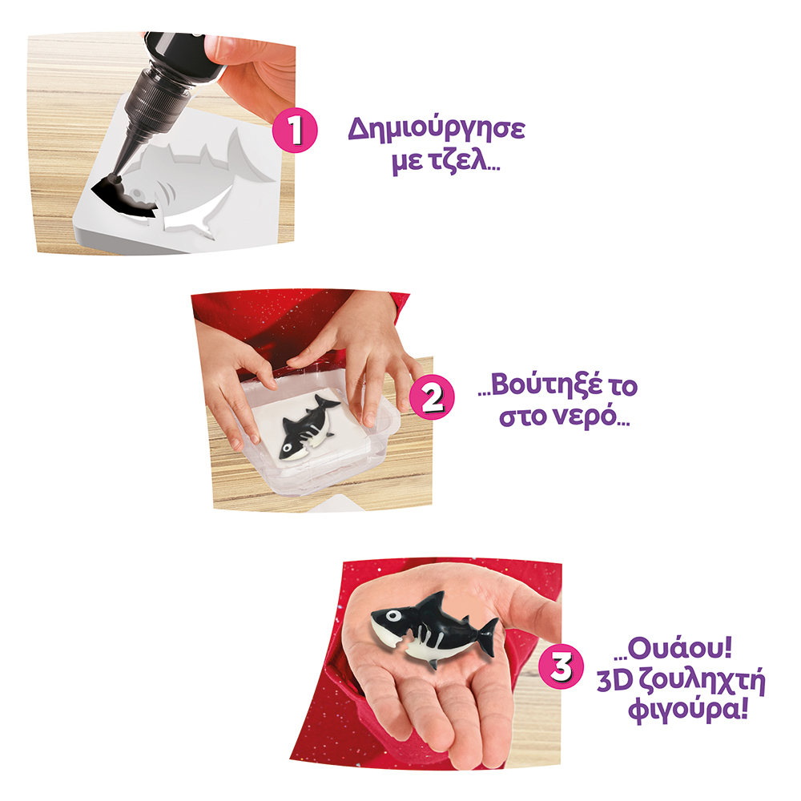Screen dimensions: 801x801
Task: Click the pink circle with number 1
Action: tap(295, 131)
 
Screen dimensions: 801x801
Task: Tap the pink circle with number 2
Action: tap(433, 398)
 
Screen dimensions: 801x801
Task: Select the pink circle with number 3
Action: tap(562, 666)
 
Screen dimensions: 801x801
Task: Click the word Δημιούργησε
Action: tap(437, 130)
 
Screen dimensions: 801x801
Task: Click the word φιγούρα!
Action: tap(688, 710)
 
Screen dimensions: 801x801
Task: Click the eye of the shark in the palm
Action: tap(392, 615)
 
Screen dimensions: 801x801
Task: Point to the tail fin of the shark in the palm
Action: tap(489, 637)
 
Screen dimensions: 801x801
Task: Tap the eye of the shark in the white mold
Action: tap(136, 194)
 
